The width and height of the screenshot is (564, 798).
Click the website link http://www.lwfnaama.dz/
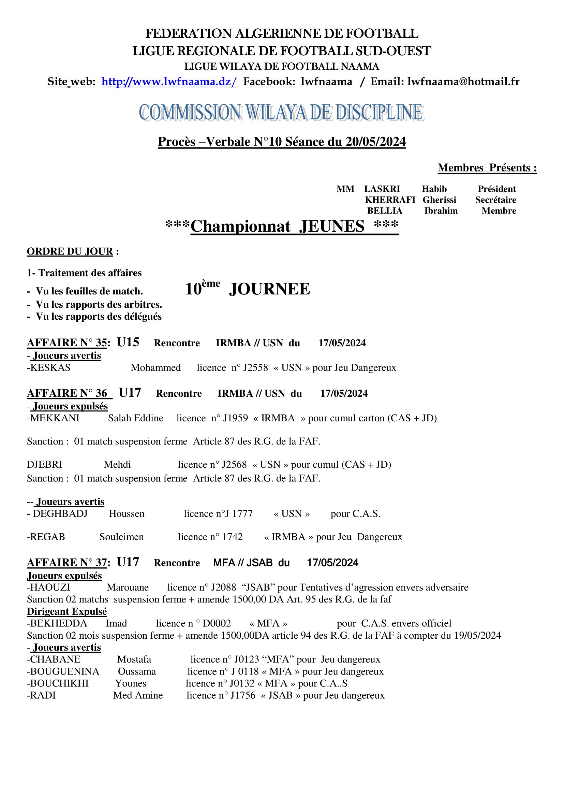point(169,82)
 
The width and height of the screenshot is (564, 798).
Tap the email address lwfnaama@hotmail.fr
point(463,82)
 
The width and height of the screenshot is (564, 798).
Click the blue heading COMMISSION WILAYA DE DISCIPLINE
point(281,112)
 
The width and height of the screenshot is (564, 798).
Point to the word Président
point(496,189)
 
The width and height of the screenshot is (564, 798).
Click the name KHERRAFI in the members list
point(390,200)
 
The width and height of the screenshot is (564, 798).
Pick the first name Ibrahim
point(441,211)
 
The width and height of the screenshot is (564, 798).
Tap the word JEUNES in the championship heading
point(332,226)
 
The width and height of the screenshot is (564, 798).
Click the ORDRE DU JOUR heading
point(70,252)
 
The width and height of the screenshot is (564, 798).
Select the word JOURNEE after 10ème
point(269,289)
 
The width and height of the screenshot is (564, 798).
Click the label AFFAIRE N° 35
point(67,343)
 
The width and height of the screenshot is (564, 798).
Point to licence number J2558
point(256,368)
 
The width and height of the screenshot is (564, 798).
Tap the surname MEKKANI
point(55,418)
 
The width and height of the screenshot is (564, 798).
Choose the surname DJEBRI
point(44,465)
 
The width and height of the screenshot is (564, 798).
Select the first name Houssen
point(127,514)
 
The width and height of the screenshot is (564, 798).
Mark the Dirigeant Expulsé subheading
point(67,611)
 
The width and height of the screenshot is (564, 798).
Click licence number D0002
point(217,623)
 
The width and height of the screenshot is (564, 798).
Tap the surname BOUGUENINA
point(64,671)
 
